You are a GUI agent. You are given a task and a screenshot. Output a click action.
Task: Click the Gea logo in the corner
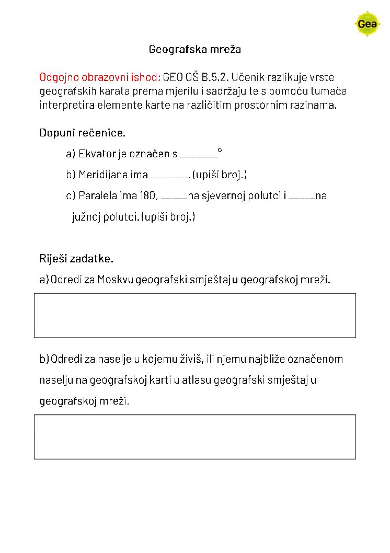368,24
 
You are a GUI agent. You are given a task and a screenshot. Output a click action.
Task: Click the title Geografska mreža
194,50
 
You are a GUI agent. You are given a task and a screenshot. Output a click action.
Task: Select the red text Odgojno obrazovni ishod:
100,77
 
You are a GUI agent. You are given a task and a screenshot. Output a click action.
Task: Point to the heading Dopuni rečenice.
83,133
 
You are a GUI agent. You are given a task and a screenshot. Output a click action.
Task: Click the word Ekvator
95,154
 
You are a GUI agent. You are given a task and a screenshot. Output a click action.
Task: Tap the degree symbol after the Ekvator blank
220,151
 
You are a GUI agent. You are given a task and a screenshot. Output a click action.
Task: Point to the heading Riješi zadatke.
76,259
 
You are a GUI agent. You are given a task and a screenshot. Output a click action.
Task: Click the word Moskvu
115,280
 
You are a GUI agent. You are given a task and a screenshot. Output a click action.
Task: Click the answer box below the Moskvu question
195,315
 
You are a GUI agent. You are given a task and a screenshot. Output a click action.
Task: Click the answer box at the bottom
195,437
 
